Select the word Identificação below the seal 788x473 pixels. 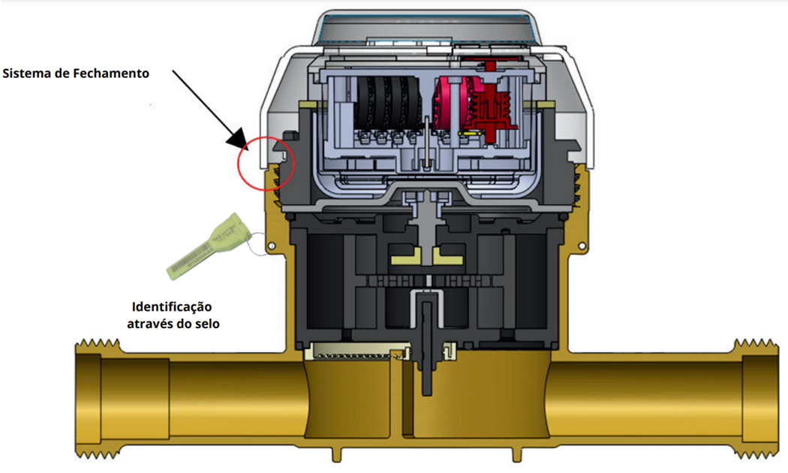click(172, 306)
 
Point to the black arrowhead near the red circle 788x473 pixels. click(237, 139)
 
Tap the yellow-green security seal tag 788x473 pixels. click(206, 246)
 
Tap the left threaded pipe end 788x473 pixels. click(98, 399)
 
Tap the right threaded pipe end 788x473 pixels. click(756, 399)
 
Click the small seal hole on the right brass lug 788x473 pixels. click(582, 246)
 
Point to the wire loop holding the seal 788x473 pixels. click(257, 245)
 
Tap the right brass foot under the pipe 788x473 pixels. click(516, 455)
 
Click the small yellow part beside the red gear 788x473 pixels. click(472, 134)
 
